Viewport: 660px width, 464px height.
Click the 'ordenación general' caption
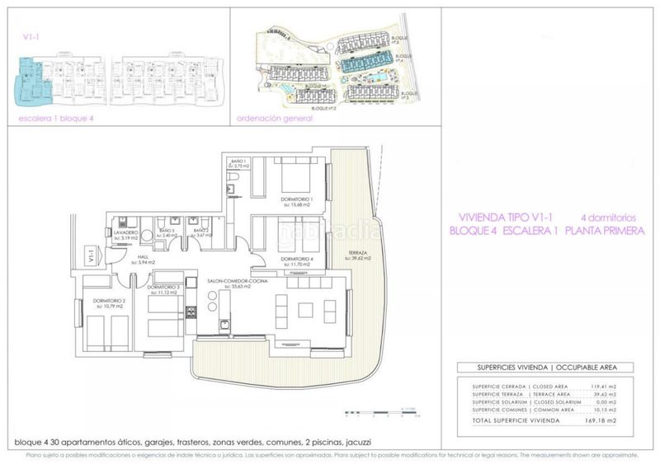274,119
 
